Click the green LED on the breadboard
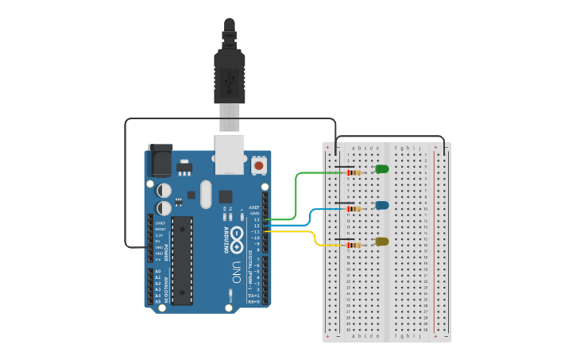pyautogui.click(x=382, y=169)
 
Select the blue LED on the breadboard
pyautogui.click(x=382, y=206)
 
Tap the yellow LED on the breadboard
pyautogui.click(x=382, y=242)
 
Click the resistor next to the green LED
pyautogui.click(x=352, y=172)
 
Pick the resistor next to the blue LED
pyautogui.click(x=352, y=209)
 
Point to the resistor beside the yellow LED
pyautogui.click(x=352, y=245)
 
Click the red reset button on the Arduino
pyautogui.click(x=258, y=165)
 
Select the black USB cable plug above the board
pyautogui.click(x=230, y=75)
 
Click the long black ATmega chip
pyautogui.click(x=182, y=260)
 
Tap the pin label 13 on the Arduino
pyautogui.click(x=257, y=219)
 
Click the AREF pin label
pyautogui.click(x=255, y=207)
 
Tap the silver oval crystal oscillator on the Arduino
pyautogui.click(x=207, y=194)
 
